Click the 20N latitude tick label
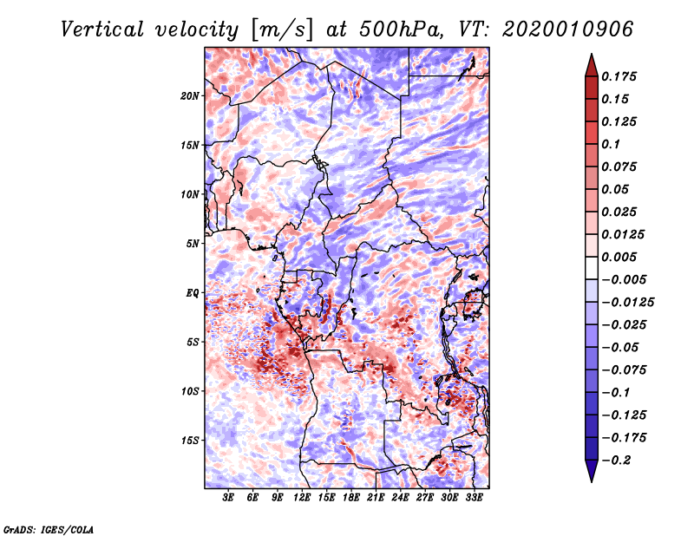tap(191, 95)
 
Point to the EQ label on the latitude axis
tap(193, 292)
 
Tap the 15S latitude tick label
tap(191, 440)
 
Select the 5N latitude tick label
tap(193, 244)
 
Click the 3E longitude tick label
tap(229, 499)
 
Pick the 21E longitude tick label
tap(376, 499)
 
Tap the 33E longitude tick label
tap(474, 499)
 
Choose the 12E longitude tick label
tap(302, 499)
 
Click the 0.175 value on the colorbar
tap(621, 76)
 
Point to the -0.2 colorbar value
tap(623, 460)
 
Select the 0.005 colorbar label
tap(621, 257)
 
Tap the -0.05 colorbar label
tap(623, 347)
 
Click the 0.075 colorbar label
tap(621, 167)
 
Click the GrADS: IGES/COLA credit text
tap(49, 528)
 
